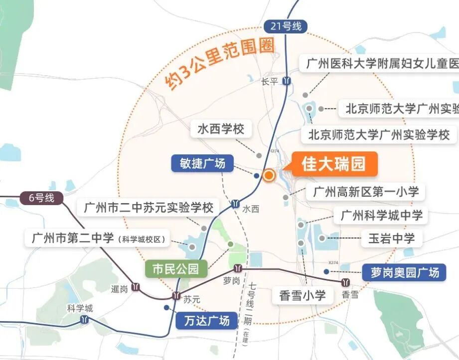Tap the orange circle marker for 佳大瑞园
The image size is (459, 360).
[x=269, y=175]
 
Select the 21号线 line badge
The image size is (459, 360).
[x=286, y=26]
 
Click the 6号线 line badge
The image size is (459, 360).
[x=41, y=198]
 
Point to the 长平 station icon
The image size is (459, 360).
[x=286, y=81]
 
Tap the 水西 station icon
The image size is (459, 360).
[x=235, y=204]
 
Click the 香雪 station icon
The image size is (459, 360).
[x=345, y=282]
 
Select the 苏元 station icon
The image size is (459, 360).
[x=176, y=296]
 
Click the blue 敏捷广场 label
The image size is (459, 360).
[x=202, y=163]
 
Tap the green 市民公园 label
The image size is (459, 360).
[x=176, y=269]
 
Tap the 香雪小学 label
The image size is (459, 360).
[x=303, y=295]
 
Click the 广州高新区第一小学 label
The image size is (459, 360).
[x=365, y=191]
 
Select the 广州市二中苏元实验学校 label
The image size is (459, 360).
[x=149, y=207]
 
